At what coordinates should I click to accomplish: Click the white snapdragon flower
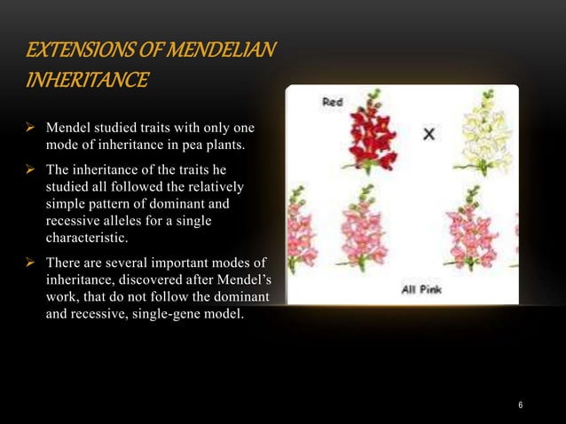click(479, 133)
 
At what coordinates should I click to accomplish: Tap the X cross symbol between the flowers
click(428, 134)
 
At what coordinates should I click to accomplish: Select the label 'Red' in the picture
click(332, 103)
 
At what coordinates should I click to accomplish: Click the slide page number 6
click(521, 405)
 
